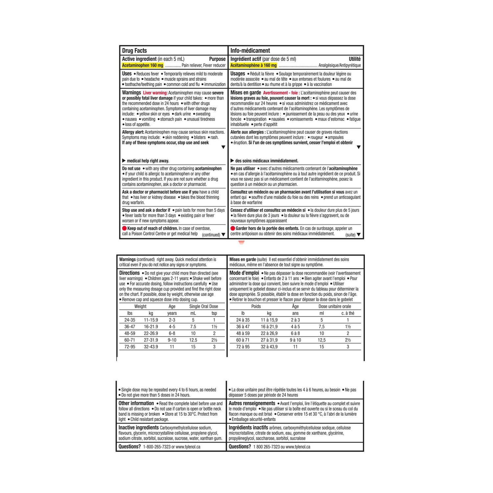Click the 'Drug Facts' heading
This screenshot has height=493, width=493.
click(134, 51)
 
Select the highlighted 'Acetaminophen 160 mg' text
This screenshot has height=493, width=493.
click(143, 65)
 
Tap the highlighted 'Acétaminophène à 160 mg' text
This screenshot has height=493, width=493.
click(253, 65)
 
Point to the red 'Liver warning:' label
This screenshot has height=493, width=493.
click(155, 93)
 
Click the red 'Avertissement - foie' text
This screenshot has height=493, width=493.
click(280, 93)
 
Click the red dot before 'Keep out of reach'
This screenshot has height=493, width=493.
click(125, 228)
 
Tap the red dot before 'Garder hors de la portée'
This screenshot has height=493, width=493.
click(233, 228)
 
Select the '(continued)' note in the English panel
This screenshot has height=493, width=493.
click(211, 235)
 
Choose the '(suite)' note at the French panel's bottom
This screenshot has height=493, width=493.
click(350, 235)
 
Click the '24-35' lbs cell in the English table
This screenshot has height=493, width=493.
click(130, 320)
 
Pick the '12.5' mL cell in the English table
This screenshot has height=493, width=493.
click(193, 340)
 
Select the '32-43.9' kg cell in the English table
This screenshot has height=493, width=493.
click(151, 347)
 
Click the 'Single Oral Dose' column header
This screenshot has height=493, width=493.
click(203, 306)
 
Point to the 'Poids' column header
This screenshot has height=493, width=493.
click(256, 306)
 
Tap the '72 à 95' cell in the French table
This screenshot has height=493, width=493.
click(243, 347)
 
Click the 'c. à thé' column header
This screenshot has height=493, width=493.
click(348, 313)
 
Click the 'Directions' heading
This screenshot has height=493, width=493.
click(129, 273)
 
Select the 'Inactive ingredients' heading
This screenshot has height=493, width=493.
click(139, 428)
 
